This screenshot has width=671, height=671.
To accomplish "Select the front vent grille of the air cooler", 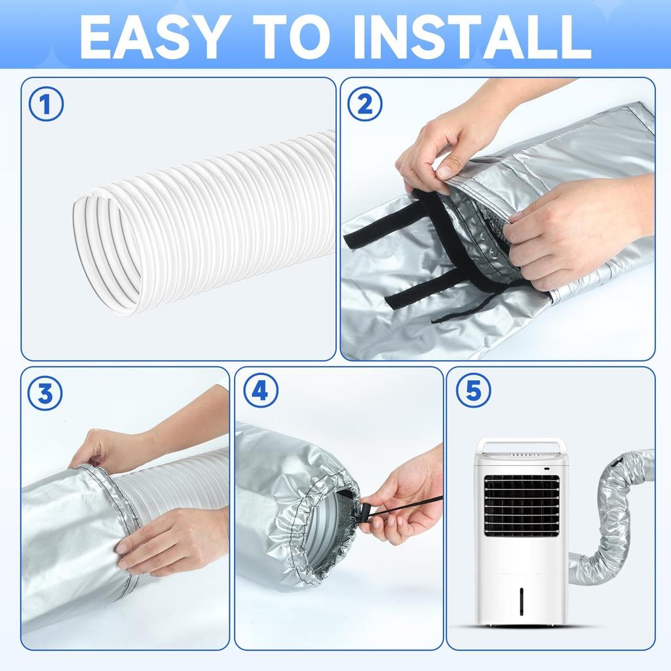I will (521, 505).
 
